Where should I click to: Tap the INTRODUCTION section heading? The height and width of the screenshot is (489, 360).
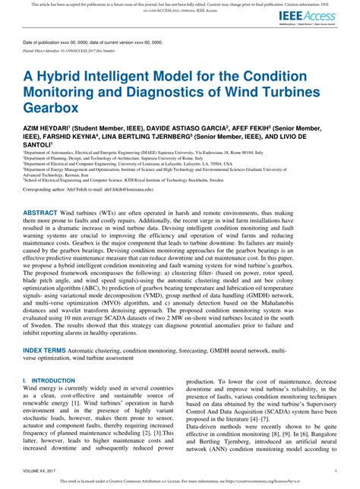(55, 401)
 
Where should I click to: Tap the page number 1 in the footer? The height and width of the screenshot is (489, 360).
(335, 471)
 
